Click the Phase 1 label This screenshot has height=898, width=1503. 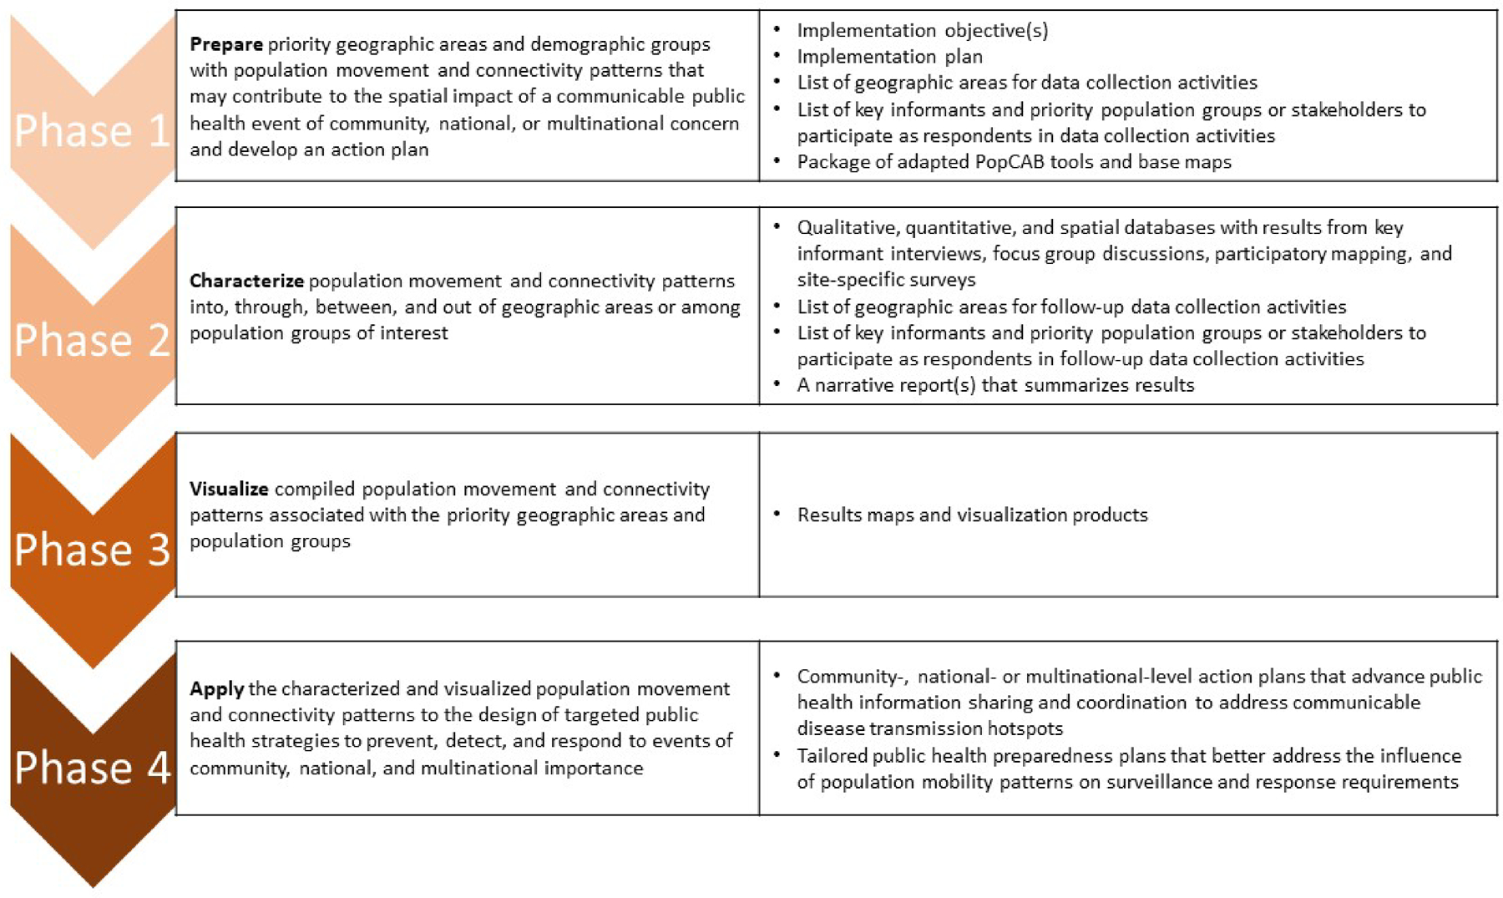tap(92, 131)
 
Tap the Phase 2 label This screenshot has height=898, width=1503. tap(92, 341)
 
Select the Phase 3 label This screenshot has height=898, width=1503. tap(92, 550)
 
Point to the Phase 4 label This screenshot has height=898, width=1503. tap(92, 768)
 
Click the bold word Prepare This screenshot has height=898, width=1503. tap(225, 44)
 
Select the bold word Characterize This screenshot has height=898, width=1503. tap(246, 281)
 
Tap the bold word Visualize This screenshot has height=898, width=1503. tap(229, 489)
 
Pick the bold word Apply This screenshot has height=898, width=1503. tap(216, 688)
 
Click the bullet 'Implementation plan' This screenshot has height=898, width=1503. tap(889, 57)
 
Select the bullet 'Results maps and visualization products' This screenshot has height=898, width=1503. tap(972, 515)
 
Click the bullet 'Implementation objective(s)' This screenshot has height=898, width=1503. tap(922, 31)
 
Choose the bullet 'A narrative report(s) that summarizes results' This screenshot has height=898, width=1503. tap(995, 385)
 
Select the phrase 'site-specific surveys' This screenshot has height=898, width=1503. tap(886, 280)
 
